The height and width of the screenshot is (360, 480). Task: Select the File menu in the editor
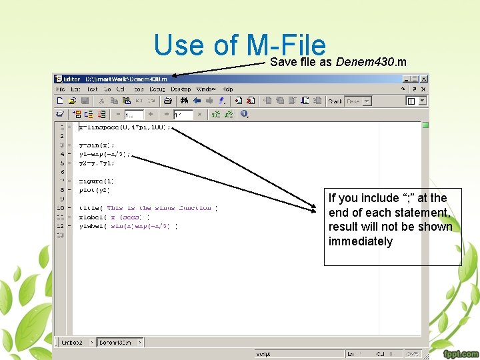point(61,89)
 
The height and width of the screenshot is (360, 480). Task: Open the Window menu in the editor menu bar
point(206,89)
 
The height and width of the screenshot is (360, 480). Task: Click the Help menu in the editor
point(228,89)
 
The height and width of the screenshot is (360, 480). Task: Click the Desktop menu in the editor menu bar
point(181,89)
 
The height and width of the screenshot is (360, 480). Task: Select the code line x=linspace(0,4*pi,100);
point(125,126)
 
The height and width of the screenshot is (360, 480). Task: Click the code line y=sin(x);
point(97,145)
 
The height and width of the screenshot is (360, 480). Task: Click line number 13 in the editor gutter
point(61,235)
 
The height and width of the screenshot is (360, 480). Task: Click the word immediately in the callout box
point(361,241)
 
